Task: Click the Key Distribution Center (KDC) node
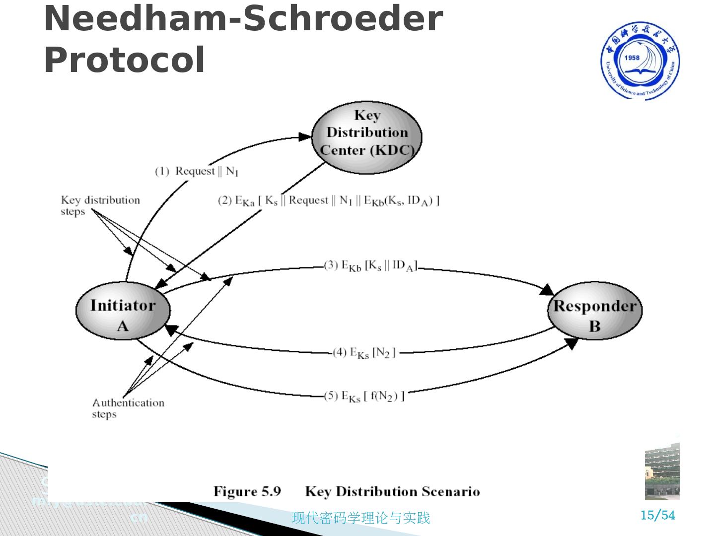point(367,137)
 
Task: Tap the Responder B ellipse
point(594,315)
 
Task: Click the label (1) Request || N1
point(197,171)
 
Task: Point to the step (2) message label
point(329,201)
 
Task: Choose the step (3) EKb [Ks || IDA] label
point(370,266)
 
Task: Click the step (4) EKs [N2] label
point(364,352)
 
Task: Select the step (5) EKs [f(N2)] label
point(364,396)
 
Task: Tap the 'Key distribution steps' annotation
point(100,205)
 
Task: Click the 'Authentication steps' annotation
point(128,408)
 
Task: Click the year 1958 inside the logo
point(632,58)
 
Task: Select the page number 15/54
point(658,515)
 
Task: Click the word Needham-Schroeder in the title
point(243,19)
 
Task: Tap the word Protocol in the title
point(125,60)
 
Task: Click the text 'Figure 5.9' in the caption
point(247,491)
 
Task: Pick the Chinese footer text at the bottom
point(360,518)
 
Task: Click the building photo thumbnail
point(662,471)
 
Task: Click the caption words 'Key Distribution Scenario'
point(392,491)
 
